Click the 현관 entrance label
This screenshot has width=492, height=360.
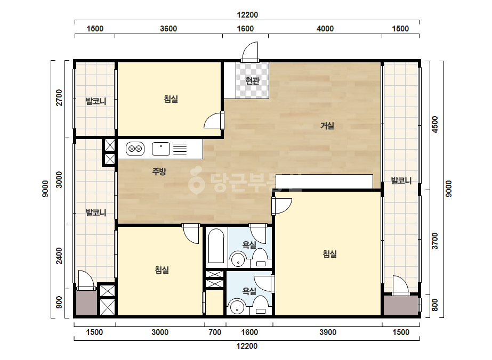click(252, 81)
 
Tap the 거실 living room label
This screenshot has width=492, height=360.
click(327, 126)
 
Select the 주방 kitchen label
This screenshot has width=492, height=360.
click(159, 171)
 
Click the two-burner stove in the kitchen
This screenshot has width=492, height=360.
click(135, 149)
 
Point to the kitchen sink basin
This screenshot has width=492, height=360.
click(161, 149)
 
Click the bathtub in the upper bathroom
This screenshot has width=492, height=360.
click(216, 246)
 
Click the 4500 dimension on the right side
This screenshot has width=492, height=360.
click(434, 125)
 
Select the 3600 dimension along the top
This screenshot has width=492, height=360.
click(168, 29)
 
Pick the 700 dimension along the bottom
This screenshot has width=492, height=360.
click(215, 332)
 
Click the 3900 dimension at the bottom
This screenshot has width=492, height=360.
click(328, 332)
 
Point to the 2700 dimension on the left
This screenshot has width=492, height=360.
click(59, 97)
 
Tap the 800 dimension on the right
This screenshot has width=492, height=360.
click(434, 305)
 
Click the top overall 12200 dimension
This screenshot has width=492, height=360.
click(247, 15)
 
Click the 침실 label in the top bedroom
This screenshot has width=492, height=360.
click(171, 99)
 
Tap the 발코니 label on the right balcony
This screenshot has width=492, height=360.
click(401, 181)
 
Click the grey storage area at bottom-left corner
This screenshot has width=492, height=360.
click(86, 303)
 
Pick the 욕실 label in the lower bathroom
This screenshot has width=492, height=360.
click(249, 291)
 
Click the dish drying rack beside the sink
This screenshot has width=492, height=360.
click(180, 149)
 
